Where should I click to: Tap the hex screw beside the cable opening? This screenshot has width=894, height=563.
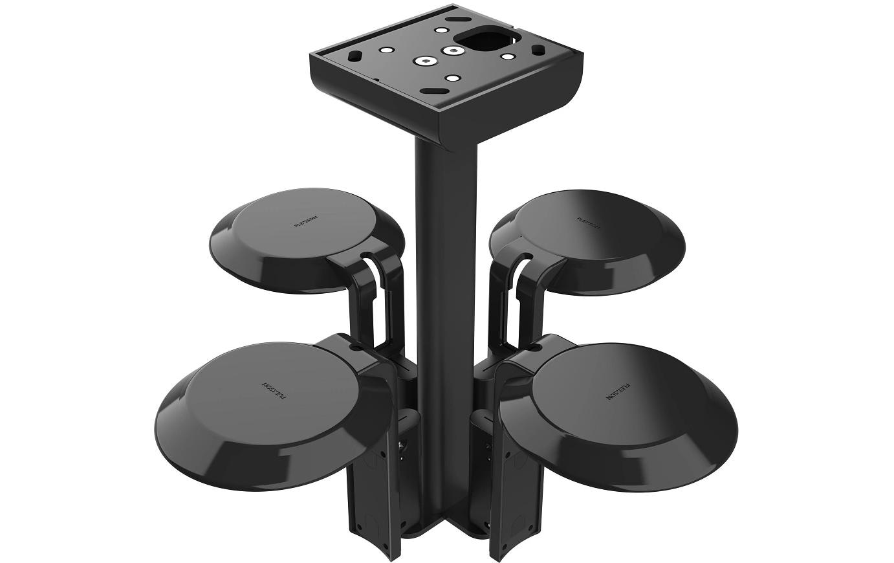click(x=450, y=50)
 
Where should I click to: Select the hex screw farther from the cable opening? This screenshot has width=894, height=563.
click(x=425, y=61)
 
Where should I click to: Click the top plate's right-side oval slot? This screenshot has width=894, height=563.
click(x=537, y=49)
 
